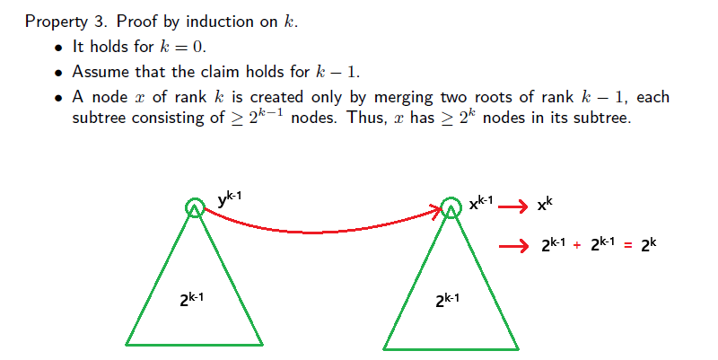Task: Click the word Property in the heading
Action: [x=56, y=22]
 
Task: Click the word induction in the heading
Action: [x=220, y=22]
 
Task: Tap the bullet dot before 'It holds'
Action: [x=57, y=48]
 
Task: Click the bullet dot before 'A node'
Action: [x=57, y=98]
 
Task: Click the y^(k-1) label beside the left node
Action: [x=230, y=199]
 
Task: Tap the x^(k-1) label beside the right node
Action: [x=481, y=203]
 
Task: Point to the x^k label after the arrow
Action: [x=545, y=204]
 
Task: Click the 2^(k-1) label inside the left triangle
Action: [x=191, y=299]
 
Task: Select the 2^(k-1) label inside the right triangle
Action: [x=447, y=300]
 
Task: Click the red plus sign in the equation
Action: [x=577, y=245]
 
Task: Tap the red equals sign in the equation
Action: [x=627, y=246]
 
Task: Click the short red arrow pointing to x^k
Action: [x=512, y=207]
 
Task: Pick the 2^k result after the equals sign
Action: [x=648, y=244]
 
